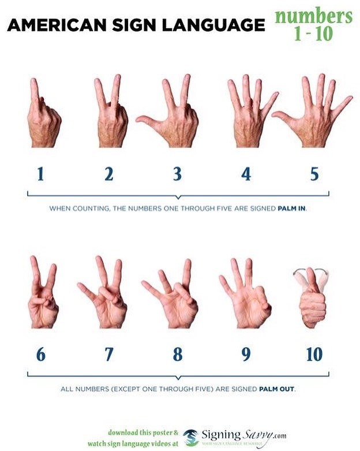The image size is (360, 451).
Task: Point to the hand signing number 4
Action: [x=248, y=115]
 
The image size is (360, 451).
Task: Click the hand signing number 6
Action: [x=42, y=297]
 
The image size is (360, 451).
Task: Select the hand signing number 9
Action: [x=245, y=297]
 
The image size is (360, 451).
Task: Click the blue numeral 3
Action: [x=177, y=174]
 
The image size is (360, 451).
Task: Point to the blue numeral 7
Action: [x=109, y=354]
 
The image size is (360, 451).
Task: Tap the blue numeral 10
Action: [x=314, y=354]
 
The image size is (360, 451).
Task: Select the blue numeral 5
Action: [x=314, y=174]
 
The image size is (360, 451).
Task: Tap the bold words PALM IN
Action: [x=293, y=209]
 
